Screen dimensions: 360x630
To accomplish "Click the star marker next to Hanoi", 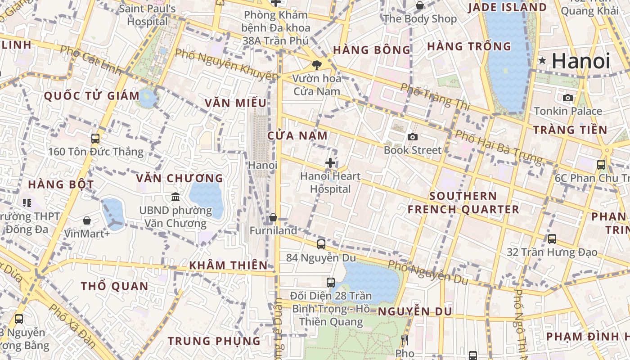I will click(x=543, y=60).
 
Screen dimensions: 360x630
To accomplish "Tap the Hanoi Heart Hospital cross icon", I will click(x=330, y=163).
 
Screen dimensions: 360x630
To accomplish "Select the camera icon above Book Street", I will click(x=412, y=137).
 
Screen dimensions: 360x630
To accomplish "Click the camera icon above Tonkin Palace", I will click(x=568, y=98).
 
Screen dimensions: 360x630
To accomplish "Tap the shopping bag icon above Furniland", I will click(x=273, y=218).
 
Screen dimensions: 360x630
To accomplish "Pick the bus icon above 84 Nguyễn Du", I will click(x=321, y=244).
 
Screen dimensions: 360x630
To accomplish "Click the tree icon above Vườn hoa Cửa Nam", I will click(x=317, y=65).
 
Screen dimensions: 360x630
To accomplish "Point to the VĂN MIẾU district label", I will click(x=235, y=103).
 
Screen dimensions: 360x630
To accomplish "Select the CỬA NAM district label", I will click(x=297, y=135).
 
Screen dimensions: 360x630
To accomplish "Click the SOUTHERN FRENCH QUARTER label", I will click(x=463, y=202).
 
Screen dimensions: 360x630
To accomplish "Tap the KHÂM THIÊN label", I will click(x=228, y=265).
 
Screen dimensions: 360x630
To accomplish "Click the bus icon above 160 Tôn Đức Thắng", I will click(x=95, y=138).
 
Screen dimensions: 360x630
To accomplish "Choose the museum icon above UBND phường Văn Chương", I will click(x=175, y=197).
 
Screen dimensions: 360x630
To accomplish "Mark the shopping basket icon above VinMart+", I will click(x=87, y=220).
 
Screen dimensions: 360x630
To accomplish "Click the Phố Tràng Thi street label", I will click(x=435, y=96).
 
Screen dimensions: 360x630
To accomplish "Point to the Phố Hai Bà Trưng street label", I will click(x=499, y=146).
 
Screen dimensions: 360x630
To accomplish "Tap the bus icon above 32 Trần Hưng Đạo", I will click(x=552, y=238).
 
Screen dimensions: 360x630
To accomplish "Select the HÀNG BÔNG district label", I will click(x=372, y=50).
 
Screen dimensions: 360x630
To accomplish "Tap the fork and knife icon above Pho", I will click(x=405, y=340).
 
